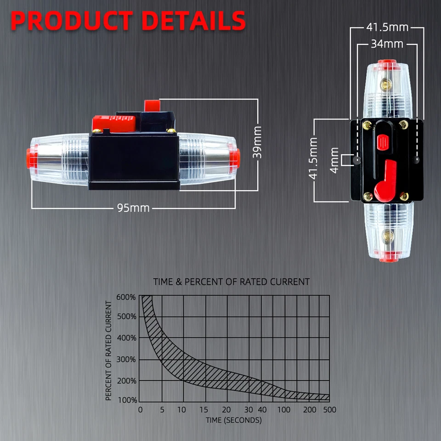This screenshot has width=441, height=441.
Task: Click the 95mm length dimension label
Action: (x=133, y=208)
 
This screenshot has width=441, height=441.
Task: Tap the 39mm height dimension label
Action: (x=257, y=142)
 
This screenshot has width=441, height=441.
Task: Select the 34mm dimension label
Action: (x=387, y=44)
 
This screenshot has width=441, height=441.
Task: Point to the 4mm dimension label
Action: (x=334, y=160)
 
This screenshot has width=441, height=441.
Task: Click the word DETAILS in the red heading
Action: (x=194, y=21)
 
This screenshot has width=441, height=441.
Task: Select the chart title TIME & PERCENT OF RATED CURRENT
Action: (x=232, y=282)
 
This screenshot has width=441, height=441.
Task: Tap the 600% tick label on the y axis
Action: (x=126, y=297)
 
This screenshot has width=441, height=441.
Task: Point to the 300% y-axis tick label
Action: (x=126, y=359)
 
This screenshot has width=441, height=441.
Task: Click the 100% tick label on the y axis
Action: (x=127, y=400)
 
